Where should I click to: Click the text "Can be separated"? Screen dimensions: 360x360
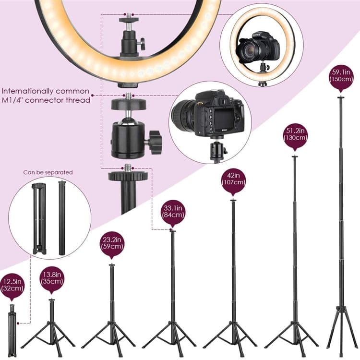(48, 172)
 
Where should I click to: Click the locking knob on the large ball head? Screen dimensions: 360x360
(155, 140)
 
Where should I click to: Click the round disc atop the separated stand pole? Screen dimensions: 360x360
(128, 176)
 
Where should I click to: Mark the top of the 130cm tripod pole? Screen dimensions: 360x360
(295, 156)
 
